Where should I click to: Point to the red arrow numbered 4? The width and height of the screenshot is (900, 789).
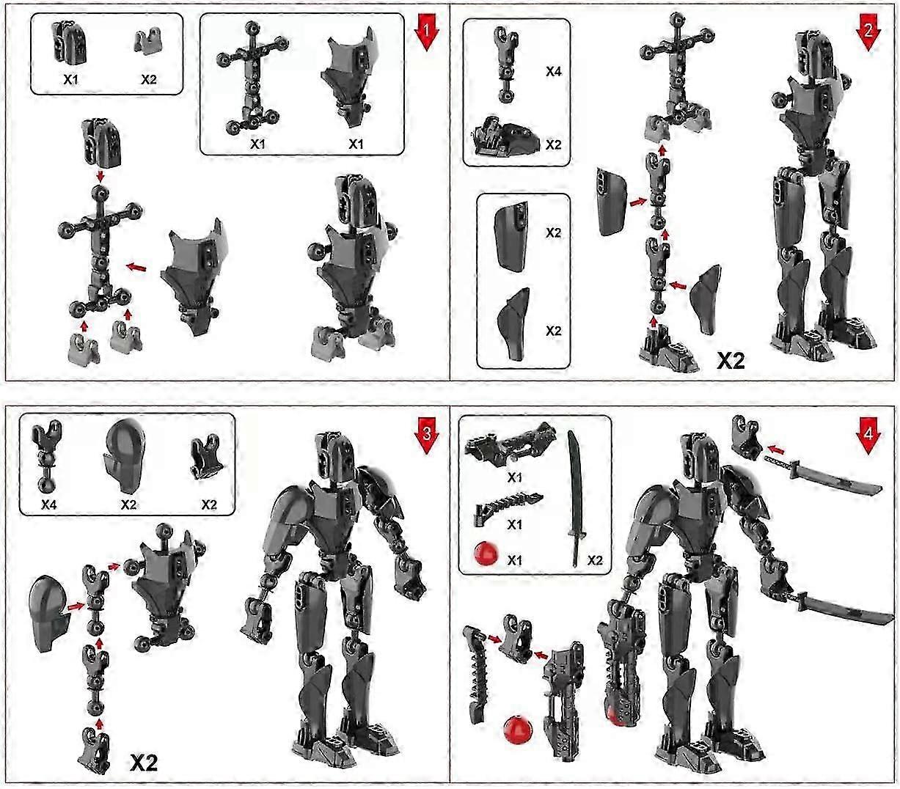[868, 437]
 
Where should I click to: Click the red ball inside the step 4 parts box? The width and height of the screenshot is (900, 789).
[485, 554]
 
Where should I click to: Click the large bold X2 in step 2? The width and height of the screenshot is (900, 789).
[731, 360]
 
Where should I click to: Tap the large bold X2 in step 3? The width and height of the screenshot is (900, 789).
[144, 763]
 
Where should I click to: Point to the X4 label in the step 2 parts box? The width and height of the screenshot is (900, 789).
[553, 71]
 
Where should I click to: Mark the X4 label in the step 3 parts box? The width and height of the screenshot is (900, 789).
[49, 504]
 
